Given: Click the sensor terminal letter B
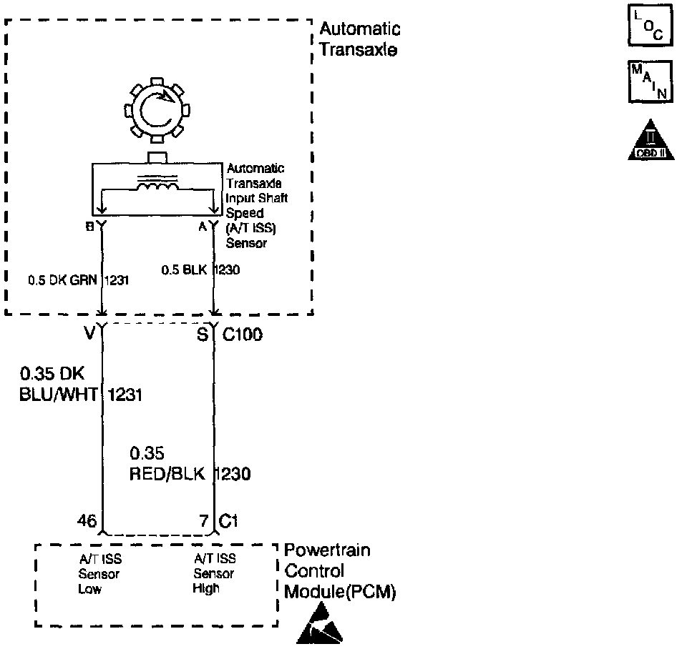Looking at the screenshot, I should click(89, 227).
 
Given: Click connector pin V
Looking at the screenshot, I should click(89, 334).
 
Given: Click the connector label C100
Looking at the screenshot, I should click(242, 334).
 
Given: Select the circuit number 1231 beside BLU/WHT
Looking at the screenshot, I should click(125, 394).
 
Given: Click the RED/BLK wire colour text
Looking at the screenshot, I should click(167, 473).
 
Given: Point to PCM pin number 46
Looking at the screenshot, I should click(87, 522).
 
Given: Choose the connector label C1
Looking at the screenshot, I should click(229, 522).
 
